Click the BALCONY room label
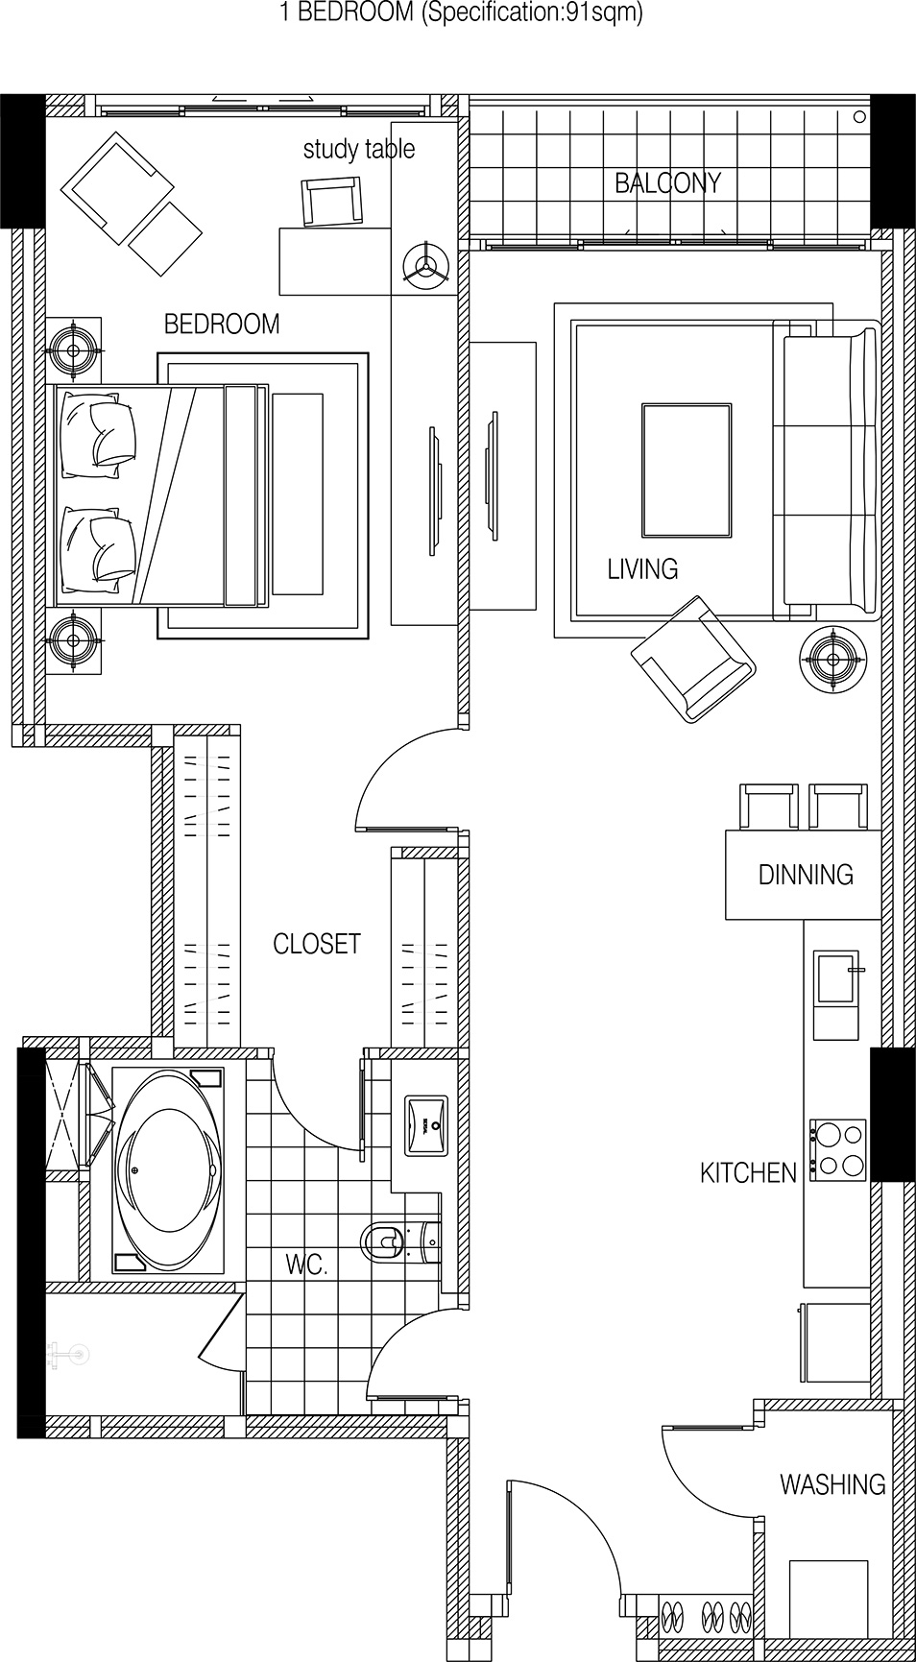pyautogui.click(x=667, y=182)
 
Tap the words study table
pyautogui.click(x=359, y=149)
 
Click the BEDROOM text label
pyautogui.click(x=222, y=325)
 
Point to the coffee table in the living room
pyautogui.click(x=686, y=470)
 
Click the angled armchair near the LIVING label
pyautogui.click(x=692, y=659)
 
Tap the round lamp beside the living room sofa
pyautogui.click(x=832, y=659)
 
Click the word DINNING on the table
pyautogui.click(x=806, y=875)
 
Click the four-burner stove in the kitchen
pyautogui.click(x=838, y=1150)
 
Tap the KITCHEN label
pyautogui.click(x=748, y=1173)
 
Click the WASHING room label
pyautogui.click(x=832, y=1484)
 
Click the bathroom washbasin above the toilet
pyautogui.click(x=426, y=1124)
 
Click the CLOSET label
pyautogui.click(x=317, y=944)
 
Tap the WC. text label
pyautogui.click(x=306, y=1265)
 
